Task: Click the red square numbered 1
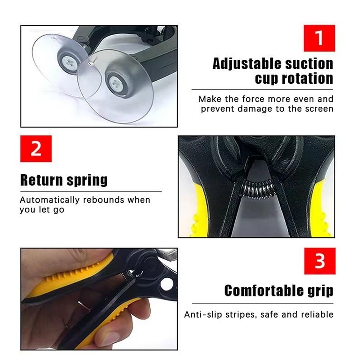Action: click(319, 38)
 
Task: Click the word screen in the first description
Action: click(319, 109)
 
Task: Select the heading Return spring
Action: click(64, 180)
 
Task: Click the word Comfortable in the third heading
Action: click(265, 290)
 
